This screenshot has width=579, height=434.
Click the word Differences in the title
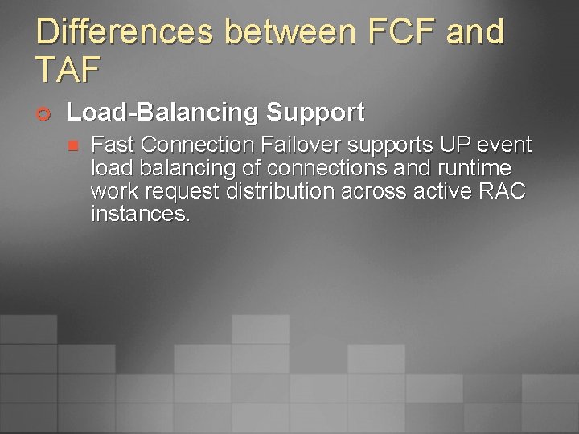[123, 32]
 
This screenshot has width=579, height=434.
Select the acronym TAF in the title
[68, 71]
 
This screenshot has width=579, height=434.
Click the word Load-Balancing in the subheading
[163, 112]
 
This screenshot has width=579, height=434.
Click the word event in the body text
[505, 145]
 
